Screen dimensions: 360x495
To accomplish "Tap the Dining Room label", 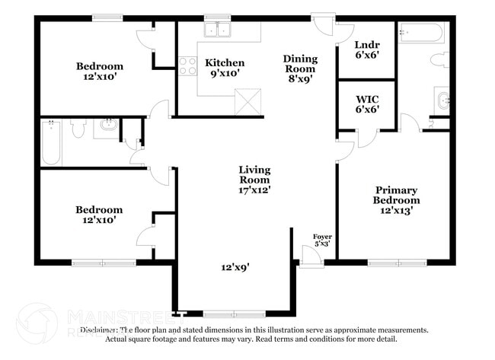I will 299,67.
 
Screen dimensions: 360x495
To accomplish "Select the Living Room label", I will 254,180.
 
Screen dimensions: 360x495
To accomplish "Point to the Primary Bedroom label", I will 396,199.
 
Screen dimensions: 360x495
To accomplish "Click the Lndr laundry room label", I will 366,50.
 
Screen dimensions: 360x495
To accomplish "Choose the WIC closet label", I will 366,104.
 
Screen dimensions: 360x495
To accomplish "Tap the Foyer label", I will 322,240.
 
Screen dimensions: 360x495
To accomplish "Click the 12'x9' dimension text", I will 236,267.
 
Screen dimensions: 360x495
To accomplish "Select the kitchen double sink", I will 219,30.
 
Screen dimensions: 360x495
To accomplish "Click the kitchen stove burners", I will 187,66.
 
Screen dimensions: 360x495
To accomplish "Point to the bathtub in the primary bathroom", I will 420,33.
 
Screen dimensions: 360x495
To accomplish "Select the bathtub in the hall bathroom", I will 51,143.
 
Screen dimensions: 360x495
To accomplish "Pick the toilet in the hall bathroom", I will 78,129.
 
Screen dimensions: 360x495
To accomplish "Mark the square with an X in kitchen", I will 248,100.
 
